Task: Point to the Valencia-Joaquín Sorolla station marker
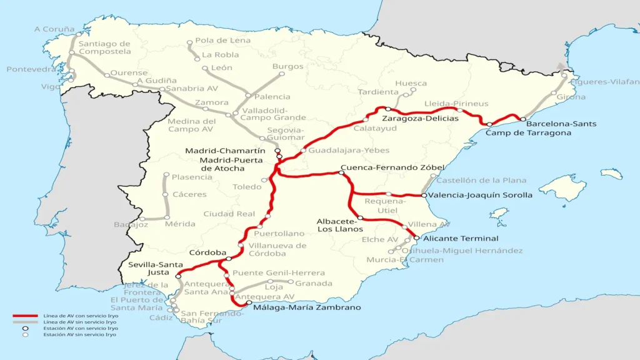tap(424, 196)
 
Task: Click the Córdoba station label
tap(207, 252)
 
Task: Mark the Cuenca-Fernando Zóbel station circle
tap(341, 172)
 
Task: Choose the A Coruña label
tap(54, 29)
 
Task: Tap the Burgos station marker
tap(282, 74)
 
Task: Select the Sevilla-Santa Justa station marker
tap(179, 276)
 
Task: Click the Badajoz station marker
tap(142, 219)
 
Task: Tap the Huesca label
tap(411, 83)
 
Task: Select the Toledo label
tap(247, 187)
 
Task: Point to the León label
tap(221, 67)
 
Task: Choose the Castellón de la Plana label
tap(481, 181)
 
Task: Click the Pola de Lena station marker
tap(190, 44)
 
